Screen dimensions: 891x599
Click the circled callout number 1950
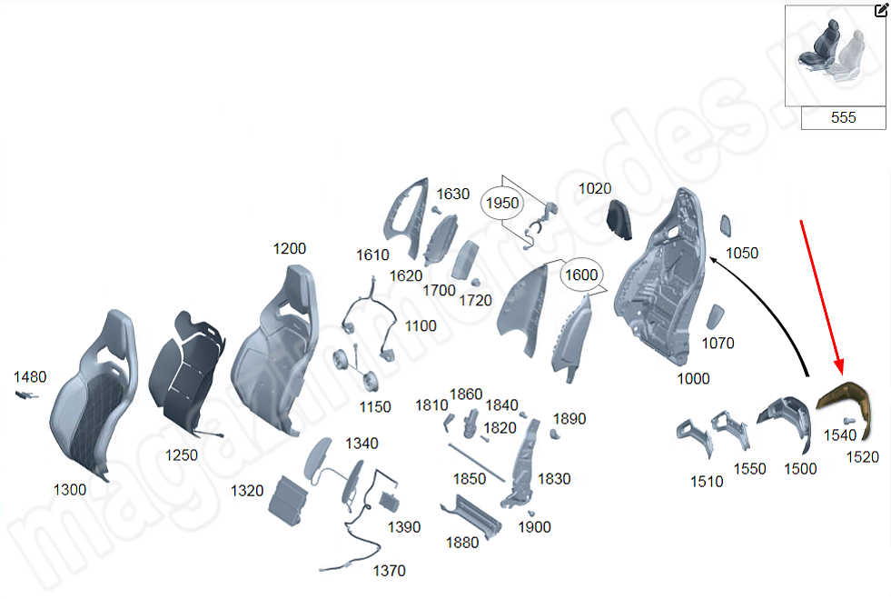coord(502,203)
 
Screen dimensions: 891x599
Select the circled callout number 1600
coord(581,275)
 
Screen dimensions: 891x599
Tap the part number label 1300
coord(70,490)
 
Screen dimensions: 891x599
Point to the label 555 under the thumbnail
coord(843,118)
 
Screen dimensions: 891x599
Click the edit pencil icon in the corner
coord(881,10)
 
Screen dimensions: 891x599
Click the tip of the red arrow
coord(841,374)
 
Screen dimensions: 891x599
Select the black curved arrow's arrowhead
coord(713,261)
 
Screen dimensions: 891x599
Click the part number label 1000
coord(693,378)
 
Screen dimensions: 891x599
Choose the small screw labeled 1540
coord(849,421)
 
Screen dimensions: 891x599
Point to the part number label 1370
coord(390,571)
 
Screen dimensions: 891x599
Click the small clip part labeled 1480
coord(26,394)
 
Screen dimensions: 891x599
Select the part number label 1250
coord(182,455)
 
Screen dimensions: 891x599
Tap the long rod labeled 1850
coord(476,463)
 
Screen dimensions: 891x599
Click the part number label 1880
coord(462,543)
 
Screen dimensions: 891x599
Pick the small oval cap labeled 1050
coord(727,225)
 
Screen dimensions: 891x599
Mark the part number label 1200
coord(289,248)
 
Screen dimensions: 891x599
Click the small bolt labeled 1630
coord(436,210)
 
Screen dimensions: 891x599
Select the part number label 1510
coord(707,482)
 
